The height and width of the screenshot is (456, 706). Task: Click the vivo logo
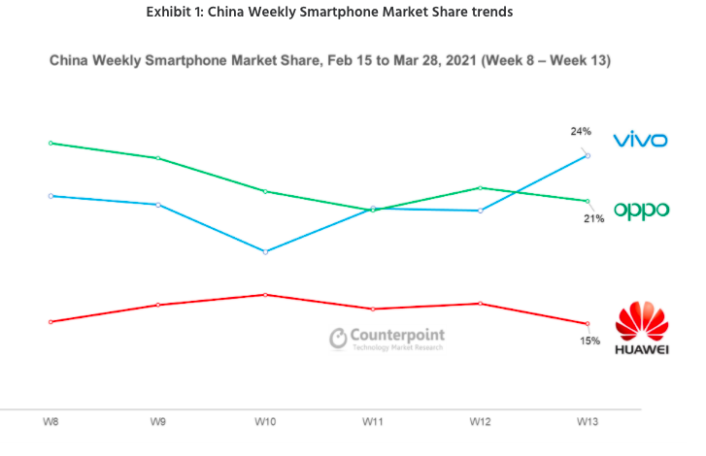(x=639, y=140)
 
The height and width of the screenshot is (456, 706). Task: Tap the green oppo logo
(x=640, y=210)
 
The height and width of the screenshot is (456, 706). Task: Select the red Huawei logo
(x=642, y=329)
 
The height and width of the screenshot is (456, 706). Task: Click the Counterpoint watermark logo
(x=387, y=338)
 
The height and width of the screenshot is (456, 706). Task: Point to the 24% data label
(x=581, y=130)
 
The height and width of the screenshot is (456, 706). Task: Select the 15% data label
(x=590, y=341)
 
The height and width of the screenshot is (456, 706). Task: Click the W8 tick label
(x=49, y=422)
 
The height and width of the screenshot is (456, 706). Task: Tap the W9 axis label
(x=156, y=422)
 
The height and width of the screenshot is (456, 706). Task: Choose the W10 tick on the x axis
(x=264, y=422)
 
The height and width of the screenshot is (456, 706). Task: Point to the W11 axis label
(x=372, y=422)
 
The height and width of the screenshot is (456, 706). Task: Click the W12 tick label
(x=480, y=422)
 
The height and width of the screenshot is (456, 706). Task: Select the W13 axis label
(x=588, y=422)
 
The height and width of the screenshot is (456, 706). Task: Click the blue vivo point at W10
(x=265, y=251)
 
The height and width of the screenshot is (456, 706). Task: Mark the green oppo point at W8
(x=50, y=143)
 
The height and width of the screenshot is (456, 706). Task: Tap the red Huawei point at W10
(x=265, y=294)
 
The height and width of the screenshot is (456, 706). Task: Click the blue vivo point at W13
(x=588, y=155)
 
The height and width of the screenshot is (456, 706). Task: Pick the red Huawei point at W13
(x=588, y=324)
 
